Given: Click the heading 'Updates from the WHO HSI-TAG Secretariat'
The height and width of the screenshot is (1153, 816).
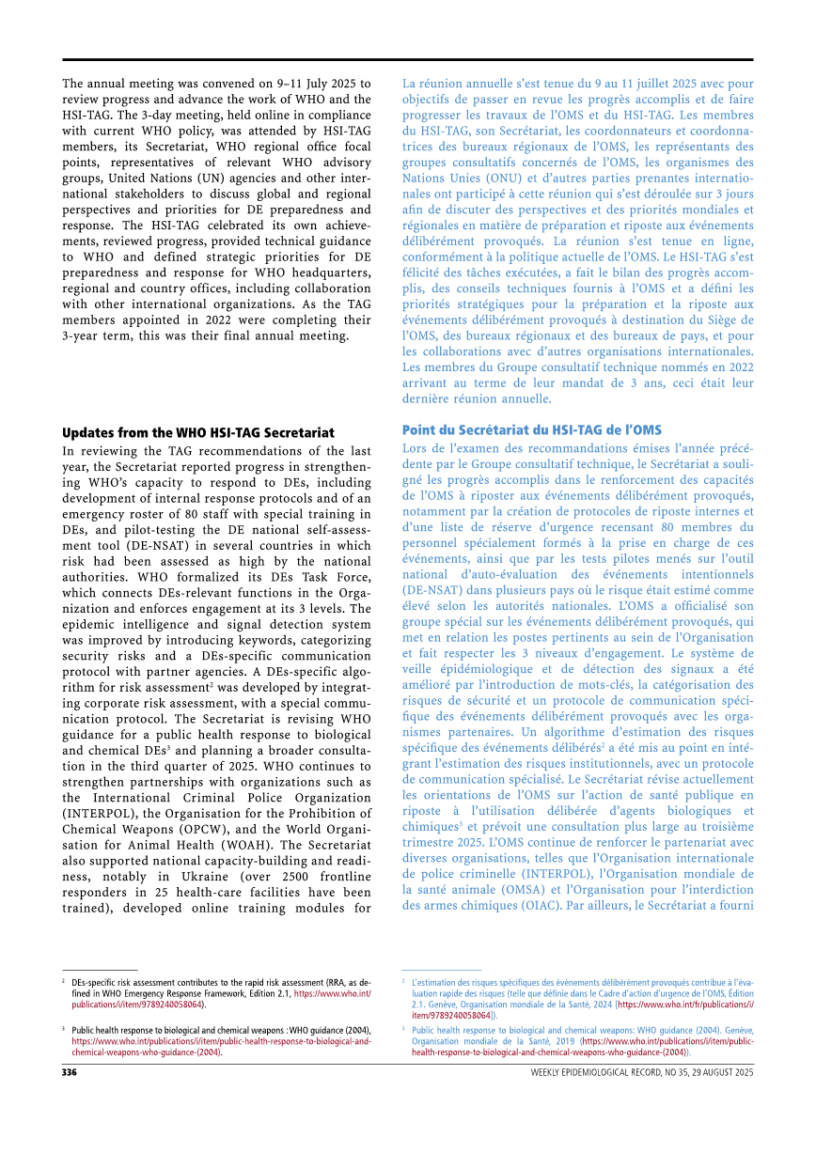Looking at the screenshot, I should [197, 433].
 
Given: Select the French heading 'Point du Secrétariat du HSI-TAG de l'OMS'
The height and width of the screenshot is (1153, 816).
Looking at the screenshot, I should [532, 429].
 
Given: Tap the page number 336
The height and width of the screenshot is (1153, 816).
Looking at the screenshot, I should [70, 1072].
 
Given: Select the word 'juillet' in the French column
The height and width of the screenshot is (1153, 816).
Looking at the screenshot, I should [611, 83].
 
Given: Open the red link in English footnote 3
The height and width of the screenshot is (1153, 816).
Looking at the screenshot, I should [221, 1041].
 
